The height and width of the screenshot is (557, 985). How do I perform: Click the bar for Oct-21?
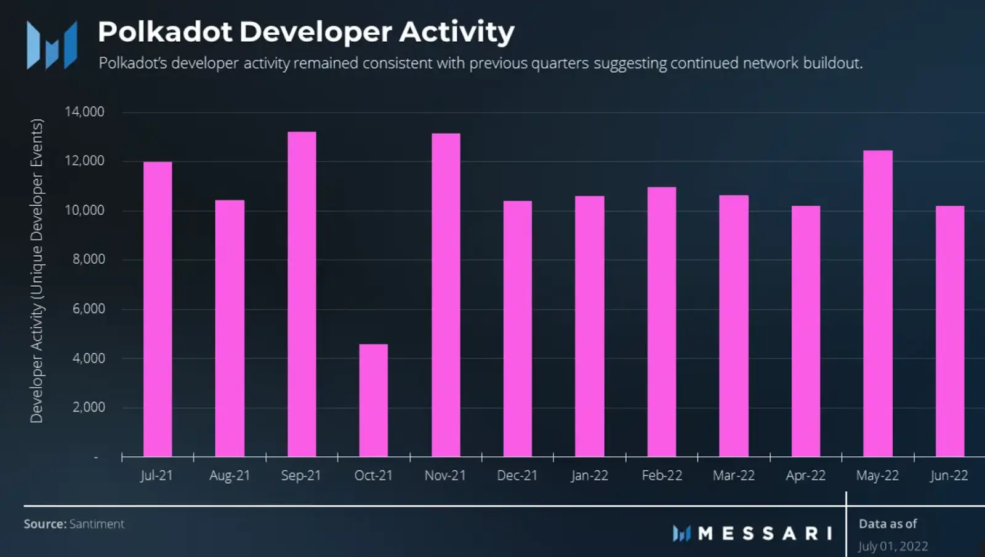coord(374,400)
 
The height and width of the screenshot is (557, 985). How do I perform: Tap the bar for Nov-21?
coord(446,295)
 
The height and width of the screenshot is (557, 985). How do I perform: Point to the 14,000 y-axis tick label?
coord(84,112)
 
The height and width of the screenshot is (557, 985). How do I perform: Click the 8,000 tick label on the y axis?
coord(89,259)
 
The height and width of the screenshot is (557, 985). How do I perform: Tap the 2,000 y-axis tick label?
coord(89,407)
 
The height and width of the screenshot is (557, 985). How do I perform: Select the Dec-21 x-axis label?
coord(517,476)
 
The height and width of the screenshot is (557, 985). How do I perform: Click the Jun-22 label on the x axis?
coord(949,476)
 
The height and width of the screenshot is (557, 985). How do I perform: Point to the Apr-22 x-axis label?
coord(805,476)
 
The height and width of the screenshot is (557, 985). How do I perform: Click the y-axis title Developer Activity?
coord(37,271)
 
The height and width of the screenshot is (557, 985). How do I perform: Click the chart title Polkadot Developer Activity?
coord(306,32)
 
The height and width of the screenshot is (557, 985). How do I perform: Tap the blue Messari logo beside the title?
coord(52,44)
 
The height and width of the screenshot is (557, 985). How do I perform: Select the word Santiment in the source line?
coord(97,524)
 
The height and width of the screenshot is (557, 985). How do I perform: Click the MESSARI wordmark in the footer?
coord(765,533)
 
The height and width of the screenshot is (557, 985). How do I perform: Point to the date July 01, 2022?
coord(893,546)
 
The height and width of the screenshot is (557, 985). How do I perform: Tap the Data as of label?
coord(888,524)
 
